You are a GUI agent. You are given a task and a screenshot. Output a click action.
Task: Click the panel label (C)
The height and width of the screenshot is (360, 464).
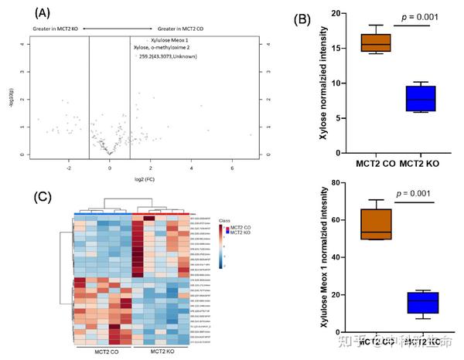[44, 195]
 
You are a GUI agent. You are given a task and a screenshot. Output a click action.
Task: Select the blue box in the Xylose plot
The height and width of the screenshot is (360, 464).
[421, 98]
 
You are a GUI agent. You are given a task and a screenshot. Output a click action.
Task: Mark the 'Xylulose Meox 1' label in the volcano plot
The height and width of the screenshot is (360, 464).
[169, 39]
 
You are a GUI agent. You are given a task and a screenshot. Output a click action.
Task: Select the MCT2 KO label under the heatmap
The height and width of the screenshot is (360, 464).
[161, 352]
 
